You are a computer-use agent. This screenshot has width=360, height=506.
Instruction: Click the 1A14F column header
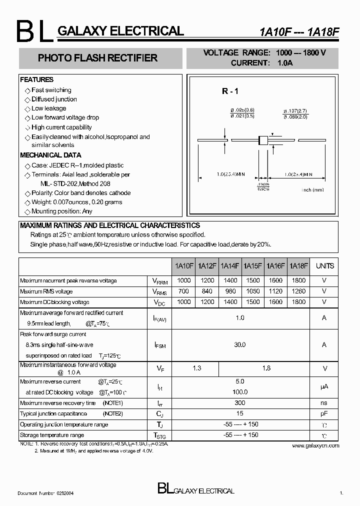[230, 266]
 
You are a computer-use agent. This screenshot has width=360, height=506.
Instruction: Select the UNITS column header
[324, 266]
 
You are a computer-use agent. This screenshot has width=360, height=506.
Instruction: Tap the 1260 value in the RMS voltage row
[298, 291]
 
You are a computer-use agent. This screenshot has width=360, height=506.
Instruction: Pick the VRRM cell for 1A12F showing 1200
[206, 281]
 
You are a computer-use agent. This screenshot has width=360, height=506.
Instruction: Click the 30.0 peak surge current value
[240, 344]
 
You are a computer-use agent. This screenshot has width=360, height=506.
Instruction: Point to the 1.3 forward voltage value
[196, 368]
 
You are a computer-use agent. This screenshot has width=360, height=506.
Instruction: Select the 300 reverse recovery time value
[240, 403]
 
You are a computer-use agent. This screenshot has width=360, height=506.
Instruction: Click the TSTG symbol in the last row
[159, 435]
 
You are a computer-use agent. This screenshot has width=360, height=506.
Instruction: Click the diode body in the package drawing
[262, 140]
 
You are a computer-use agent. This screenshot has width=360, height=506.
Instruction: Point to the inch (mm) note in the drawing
[313, 190]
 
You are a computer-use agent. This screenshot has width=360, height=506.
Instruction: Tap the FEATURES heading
[36, 79]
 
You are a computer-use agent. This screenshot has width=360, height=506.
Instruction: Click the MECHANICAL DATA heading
[50, 155]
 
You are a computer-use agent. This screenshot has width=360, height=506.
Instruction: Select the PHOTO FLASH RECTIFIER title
[97, 58]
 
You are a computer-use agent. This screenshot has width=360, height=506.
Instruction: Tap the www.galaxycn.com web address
[315, 445]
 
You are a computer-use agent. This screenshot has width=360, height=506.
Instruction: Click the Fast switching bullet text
[51, 90]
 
